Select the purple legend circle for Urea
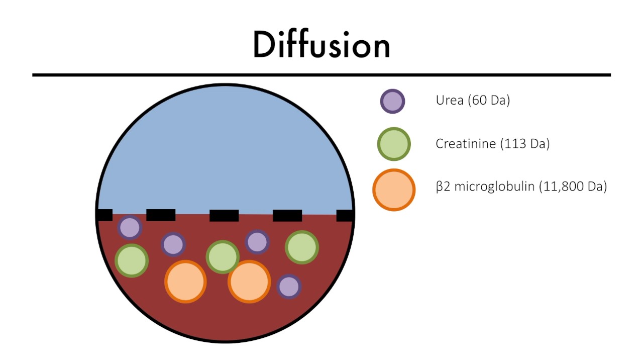(392, 101)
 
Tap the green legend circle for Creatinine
(394, 144)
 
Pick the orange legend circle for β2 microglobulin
(394, 190)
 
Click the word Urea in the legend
(450, 100)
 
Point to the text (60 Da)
(488, 100)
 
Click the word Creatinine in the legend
(466, 144)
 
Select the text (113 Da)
(525, 144)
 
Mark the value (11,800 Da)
(573, 187)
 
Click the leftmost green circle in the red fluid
(132, 260)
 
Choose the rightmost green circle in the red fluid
(302, 247)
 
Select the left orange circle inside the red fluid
(185, 282)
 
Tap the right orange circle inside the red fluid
(249, 282)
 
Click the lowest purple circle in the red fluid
(289, 287)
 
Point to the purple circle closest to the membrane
(130, 227)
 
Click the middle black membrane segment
(224, 215)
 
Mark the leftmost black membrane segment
(104, 215)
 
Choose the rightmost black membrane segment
(345, 215)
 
